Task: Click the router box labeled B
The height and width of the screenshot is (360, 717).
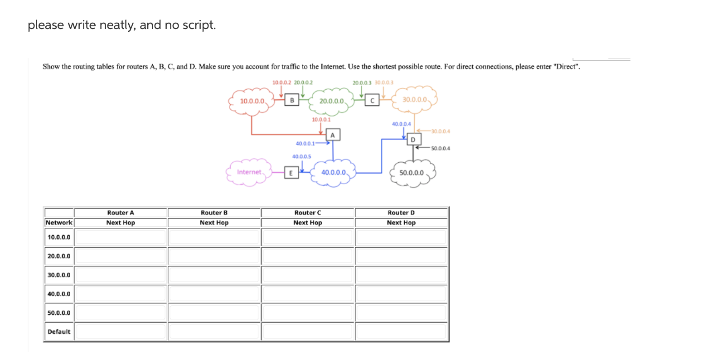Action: pos(292,100)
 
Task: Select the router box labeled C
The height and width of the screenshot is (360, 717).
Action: pos(372,100)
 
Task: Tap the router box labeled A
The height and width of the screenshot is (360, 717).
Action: pos(333,135)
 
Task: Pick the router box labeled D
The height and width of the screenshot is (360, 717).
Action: pos(413,139)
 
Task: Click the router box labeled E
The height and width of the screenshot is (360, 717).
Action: pos(291,173)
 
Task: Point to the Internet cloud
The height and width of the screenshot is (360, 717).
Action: pos(249,172)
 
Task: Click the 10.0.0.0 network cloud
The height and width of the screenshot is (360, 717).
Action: pos(252,101)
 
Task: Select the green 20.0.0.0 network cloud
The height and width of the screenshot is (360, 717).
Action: pos(331,101)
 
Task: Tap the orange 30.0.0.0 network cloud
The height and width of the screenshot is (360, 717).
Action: pos(415,99)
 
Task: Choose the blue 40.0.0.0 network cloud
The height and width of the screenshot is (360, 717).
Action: pos(334,173)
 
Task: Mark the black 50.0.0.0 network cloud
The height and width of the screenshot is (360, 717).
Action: pos(412,173)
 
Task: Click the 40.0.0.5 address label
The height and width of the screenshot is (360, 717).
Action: pos(301,156)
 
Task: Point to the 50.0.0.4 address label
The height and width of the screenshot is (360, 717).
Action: pos(441,148)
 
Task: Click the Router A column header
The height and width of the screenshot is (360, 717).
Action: pos(121,213)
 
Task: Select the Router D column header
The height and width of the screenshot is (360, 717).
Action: pos(401,213)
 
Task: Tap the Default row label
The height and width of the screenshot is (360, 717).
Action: pos(59,331)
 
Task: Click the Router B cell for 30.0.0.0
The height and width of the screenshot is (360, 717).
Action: pos(214,275)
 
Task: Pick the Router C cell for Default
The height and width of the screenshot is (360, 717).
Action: pos(308,331)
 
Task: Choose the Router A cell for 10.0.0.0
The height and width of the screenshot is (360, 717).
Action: pos(121,237)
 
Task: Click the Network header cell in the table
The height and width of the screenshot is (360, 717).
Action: pos(59,223)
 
